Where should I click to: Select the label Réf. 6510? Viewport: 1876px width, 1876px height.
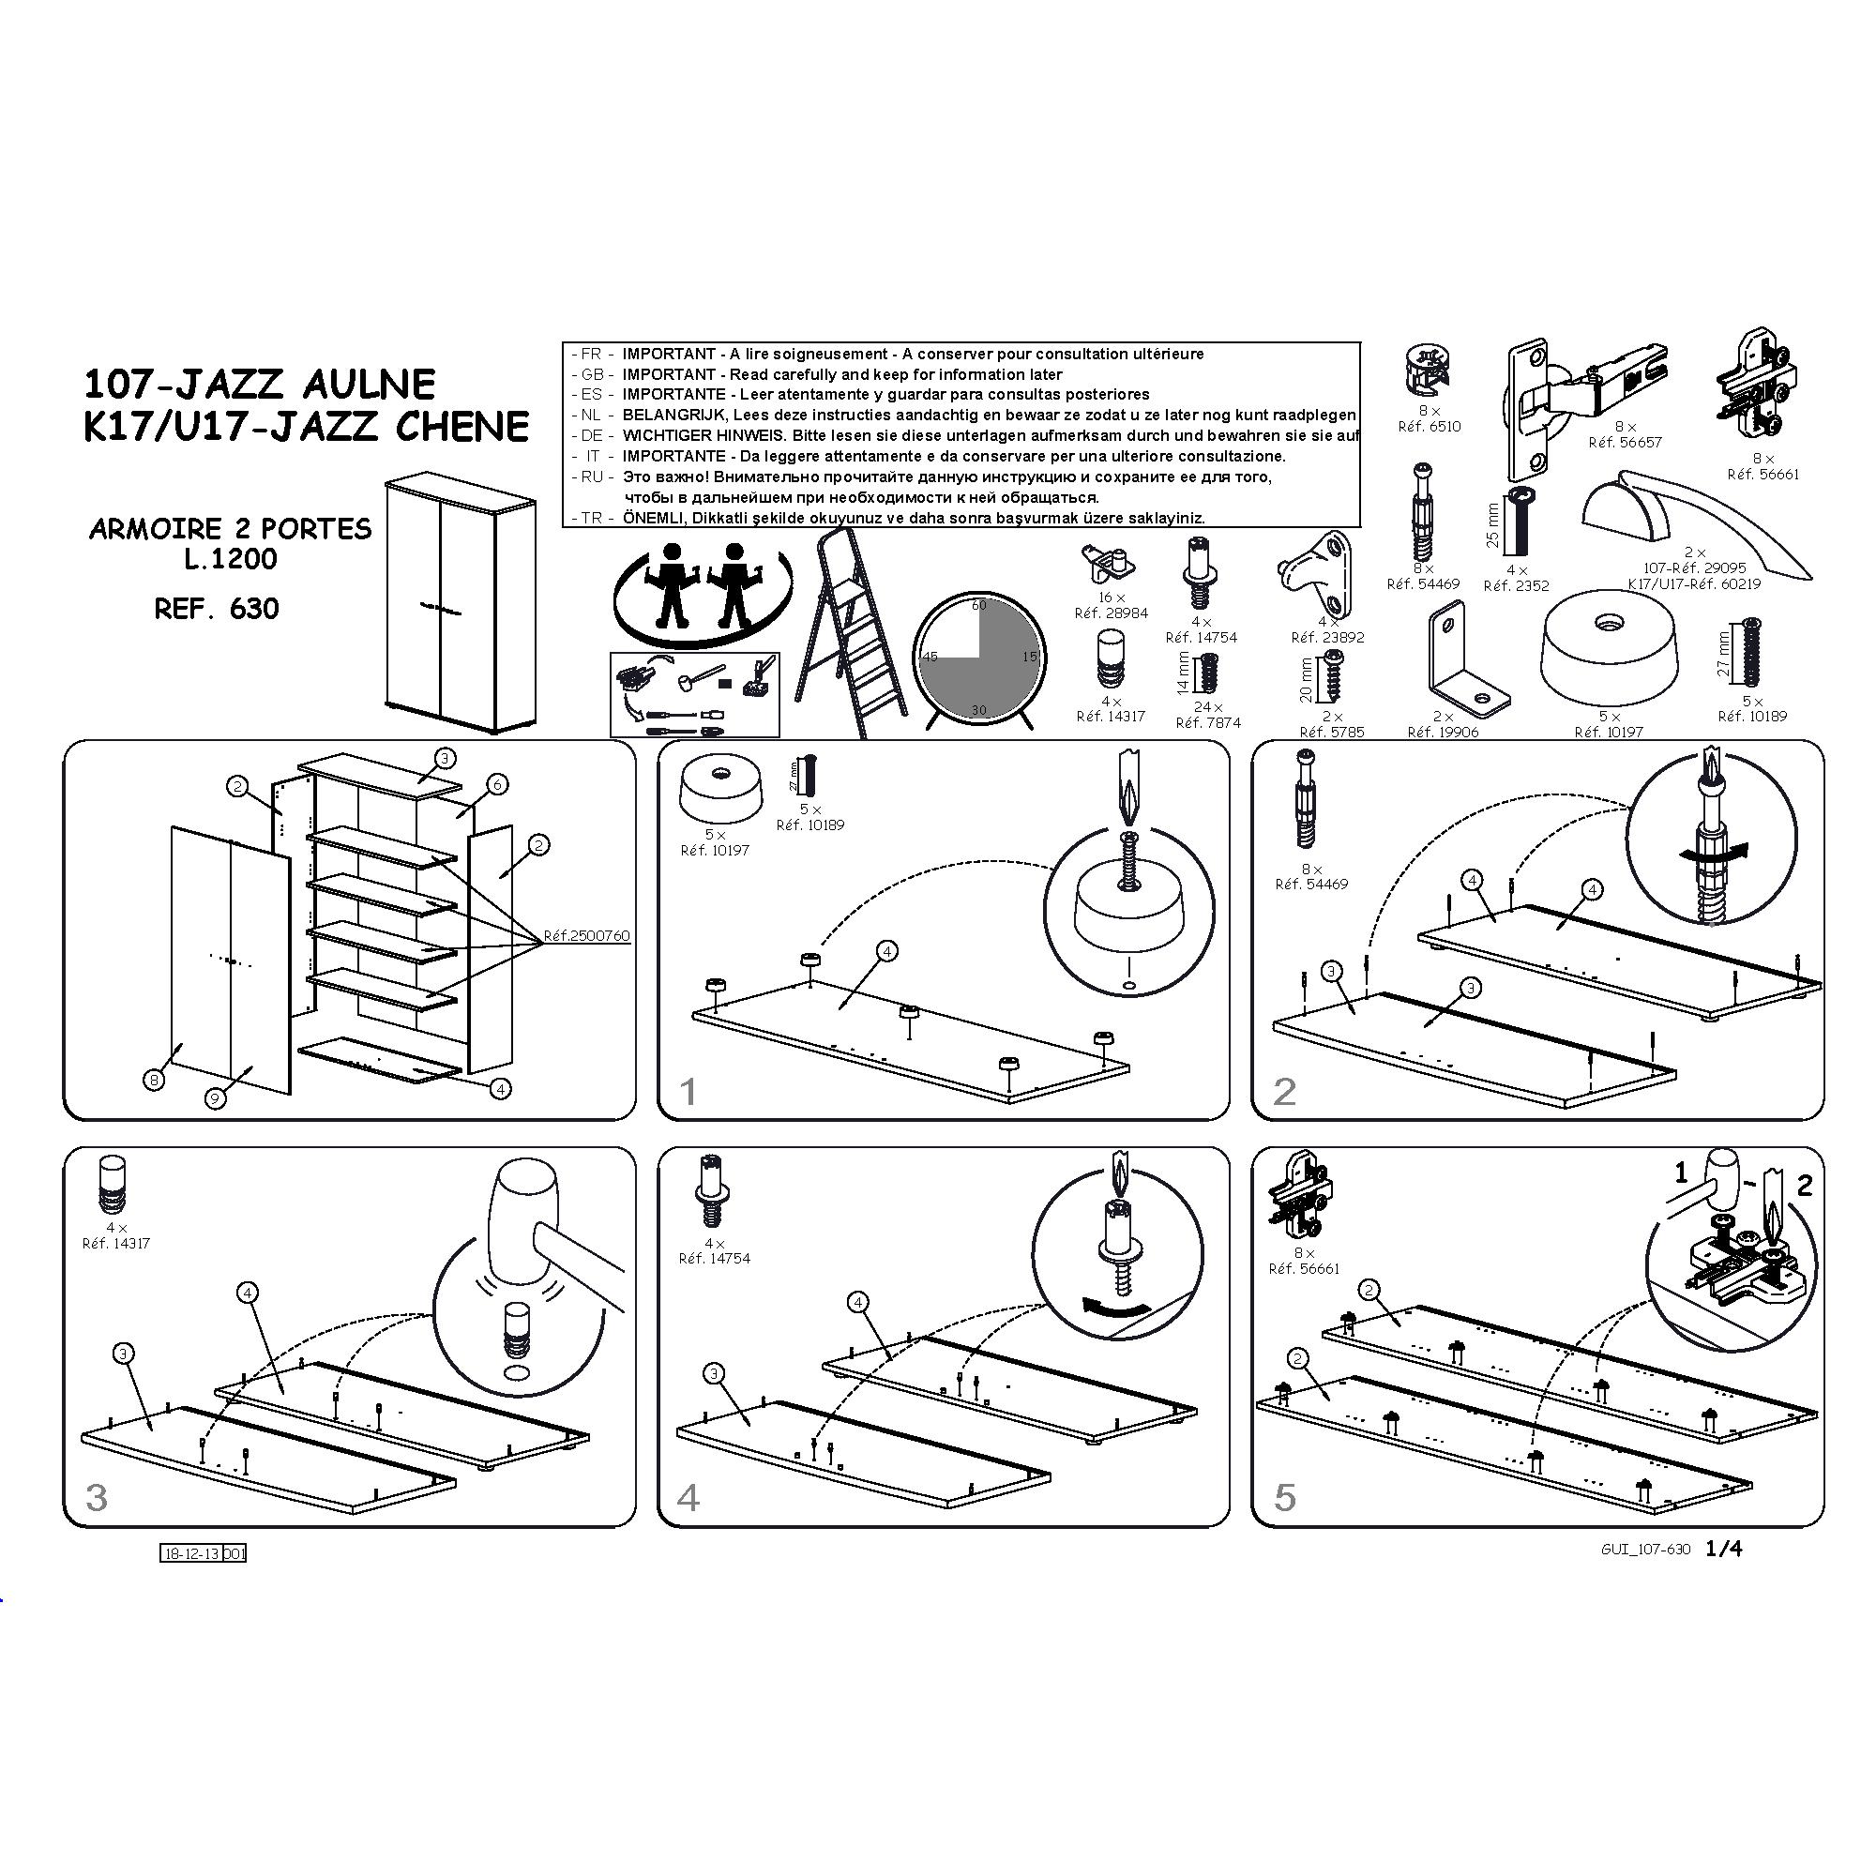click(x=1430, y=426)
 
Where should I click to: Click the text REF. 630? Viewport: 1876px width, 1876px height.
click(x=217, y=609)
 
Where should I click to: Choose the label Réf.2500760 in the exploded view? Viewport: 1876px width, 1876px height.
click(x=586, y=936)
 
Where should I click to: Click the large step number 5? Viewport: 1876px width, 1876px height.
click(x=1285, y=1497)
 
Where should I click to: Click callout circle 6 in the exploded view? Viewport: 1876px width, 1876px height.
click(x=497, y=784)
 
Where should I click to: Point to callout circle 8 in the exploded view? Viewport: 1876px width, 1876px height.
click(x=155, y=1079)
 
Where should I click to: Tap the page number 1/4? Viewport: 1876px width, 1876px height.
click(x=1725, y=1549)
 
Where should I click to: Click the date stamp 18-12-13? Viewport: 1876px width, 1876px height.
click(x=190, y=1553)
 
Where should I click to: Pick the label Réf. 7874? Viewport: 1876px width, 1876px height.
click(x=1208, y=722)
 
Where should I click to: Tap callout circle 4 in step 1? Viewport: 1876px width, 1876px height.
click(x=886, y=951)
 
